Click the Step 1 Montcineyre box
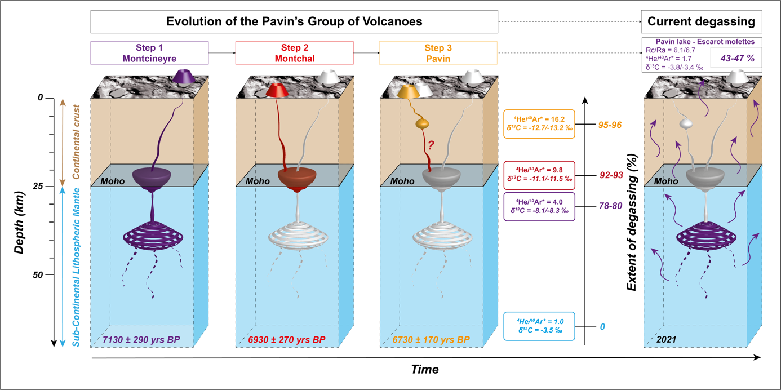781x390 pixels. click(149, 52)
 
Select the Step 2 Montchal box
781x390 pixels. click(294, 52)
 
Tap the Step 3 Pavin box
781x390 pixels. click(438, 52)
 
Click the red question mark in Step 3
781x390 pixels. click(430, 145)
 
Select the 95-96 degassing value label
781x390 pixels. click(610, 125)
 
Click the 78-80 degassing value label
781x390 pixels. click(610, 206)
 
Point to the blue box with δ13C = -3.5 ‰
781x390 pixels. click(540, 326)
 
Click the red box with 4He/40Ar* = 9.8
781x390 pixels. click(540, 174)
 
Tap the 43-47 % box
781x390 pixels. click(734, 59)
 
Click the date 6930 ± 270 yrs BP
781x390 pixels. click(287, 340)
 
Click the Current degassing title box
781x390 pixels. click(701, 22)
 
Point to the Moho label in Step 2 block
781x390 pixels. click(258, 181)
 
